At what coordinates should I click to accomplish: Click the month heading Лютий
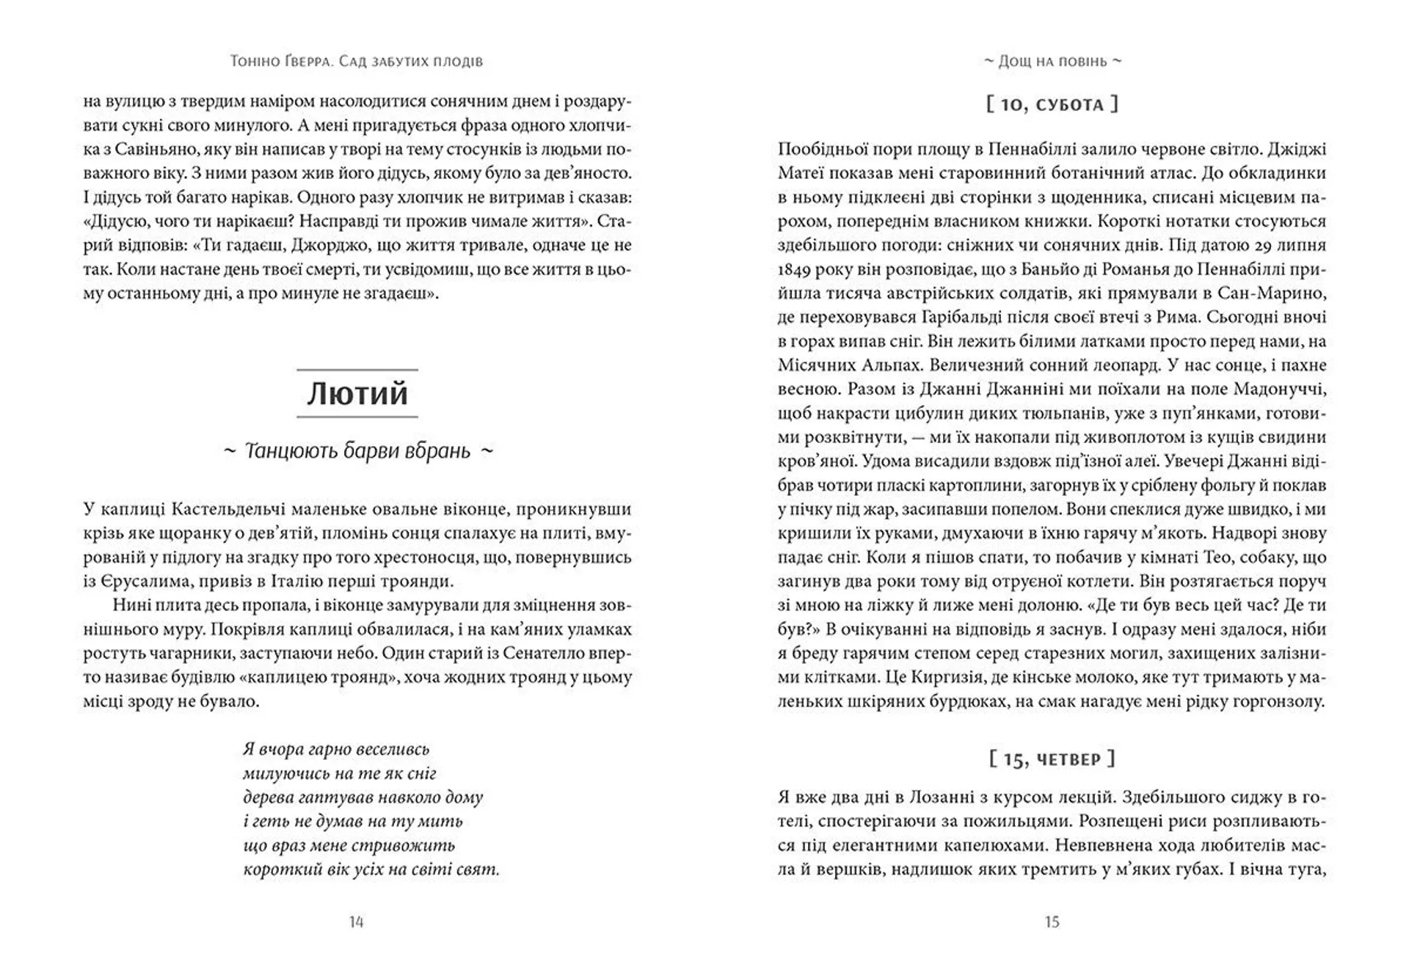coord(357,394)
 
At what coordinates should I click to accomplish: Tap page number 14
coord(356,922)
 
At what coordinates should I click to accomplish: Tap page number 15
coord(1052,922)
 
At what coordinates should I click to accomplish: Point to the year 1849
coord(794,270)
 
